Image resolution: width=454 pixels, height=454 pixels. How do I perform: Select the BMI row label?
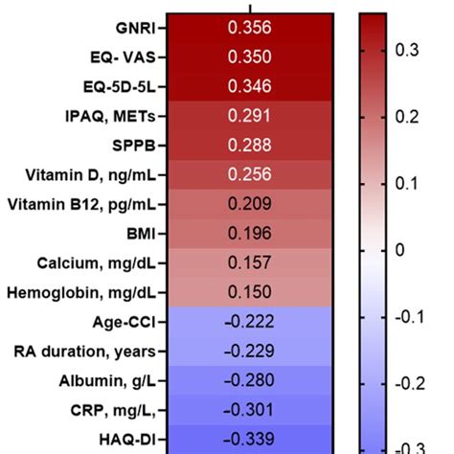coord(141,232)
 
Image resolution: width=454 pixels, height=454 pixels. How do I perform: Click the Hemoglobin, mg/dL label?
coord(82,290)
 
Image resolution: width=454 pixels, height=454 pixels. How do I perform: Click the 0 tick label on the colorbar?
coord(399,250)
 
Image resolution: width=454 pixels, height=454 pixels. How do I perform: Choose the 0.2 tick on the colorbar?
coord(407,117)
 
